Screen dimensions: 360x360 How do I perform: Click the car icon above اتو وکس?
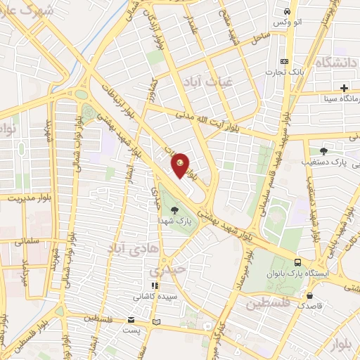click(287, 13)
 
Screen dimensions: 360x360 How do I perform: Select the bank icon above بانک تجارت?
click(284, 60)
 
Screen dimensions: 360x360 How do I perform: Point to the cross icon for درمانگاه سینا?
click(344, 88)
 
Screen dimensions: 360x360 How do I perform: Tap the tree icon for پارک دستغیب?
click(323, 150)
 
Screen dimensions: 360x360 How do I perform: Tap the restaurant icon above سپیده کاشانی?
click(155, 285)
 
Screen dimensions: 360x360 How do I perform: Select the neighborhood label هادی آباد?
click(127, 247)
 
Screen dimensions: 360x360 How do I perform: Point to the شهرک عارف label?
click(28, 14)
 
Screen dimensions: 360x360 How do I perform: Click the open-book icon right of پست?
click(156, 322)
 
